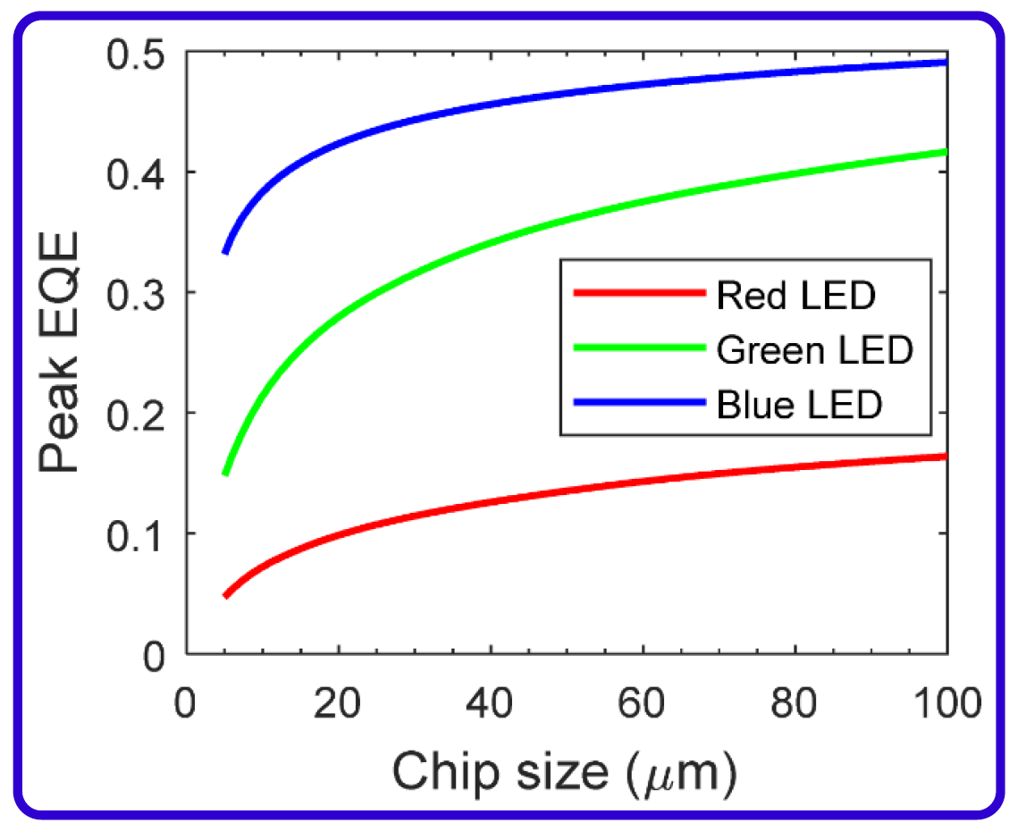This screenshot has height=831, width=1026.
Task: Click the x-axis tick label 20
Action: (338, 703)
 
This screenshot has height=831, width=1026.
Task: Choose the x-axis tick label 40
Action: (490, 703)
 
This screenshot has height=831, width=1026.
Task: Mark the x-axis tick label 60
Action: (643, 703)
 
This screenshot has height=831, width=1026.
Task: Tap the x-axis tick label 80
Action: (795, 703)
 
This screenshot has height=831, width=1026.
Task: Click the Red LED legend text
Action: (796, 295)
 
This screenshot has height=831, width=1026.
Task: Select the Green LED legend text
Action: (814, 350)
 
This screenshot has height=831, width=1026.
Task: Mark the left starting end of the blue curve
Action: (225, 253)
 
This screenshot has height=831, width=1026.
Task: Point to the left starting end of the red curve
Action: (225, 596)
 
